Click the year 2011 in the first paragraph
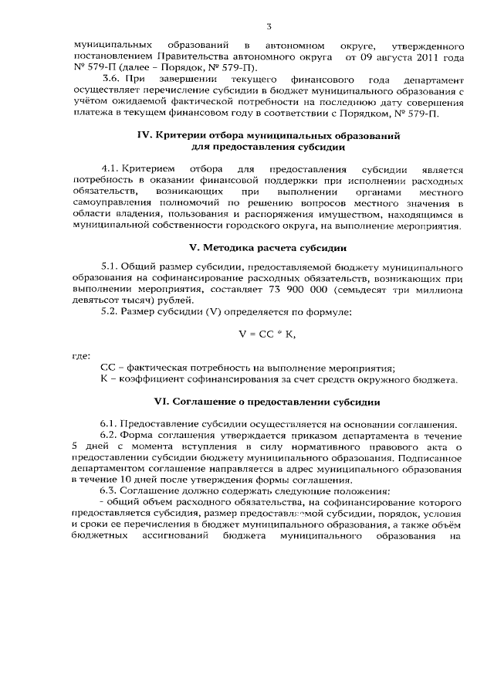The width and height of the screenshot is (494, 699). point(425,57)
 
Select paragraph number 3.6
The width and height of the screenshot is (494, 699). point(112,80)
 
